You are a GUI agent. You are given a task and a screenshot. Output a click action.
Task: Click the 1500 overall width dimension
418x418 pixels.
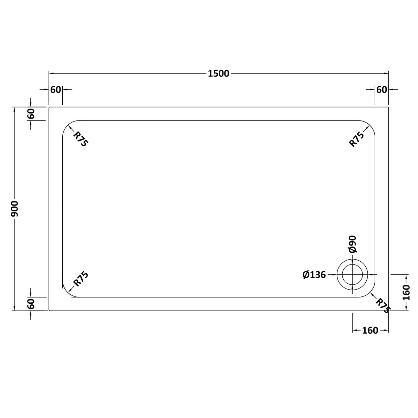click(218, 73)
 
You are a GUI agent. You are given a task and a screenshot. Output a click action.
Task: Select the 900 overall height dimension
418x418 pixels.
click(14, 209)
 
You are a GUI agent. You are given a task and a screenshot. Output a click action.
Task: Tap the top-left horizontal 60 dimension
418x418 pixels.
click(55, 90)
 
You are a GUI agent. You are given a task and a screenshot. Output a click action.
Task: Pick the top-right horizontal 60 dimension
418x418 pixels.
click(382, 90)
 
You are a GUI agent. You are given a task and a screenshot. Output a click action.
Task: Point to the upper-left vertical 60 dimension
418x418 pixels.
click(31, 114)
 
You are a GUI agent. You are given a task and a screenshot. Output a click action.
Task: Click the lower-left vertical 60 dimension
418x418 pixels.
click(31, 304)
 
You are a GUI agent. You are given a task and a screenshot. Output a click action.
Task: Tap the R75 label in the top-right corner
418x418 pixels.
click(357, 139)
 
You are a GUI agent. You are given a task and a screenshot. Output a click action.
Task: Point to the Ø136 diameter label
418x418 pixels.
click(314, 275)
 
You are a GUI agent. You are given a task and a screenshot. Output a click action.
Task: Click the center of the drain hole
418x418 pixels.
click(352, 275)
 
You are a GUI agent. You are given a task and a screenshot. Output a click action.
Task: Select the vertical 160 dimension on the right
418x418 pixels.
click(407, 293)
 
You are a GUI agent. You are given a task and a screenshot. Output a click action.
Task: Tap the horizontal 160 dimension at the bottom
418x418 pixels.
click(370, 331)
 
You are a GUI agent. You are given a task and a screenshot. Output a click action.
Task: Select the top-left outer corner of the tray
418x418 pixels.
click(50, 107)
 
